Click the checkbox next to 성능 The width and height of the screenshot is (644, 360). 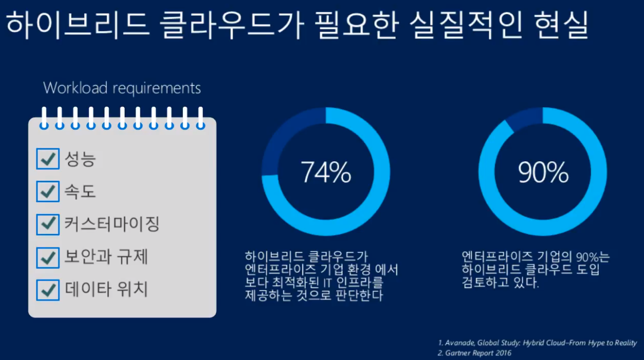pyautogui.click(x=48, y=159)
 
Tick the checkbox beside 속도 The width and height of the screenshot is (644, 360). pyautogui.click(x=48, y=191)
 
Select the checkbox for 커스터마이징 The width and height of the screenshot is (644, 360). pyautogui.click(x=48, y=224)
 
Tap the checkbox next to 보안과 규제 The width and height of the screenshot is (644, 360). pyautogui.click(x=48, y=258)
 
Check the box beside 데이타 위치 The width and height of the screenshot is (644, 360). pyautogui.click(x=48, y=290)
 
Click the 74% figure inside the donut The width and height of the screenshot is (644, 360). pyautogui.click(x=326, y=172)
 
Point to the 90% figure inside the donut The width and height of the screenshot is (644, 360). pyautogui.click(x=543, y=172)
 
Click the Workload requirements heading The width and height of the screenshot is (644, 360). pyautogui.click(x=122, y=88)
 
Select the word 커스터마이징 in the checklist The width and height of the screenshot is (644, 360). pyautogui.click(x=111, y=224)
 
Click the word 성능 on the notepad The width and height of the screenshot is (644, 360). pyautogui.click(x=80, y=159)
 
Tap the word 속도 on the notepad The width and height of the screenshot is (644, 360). pyautogui.click(x=80, y=191)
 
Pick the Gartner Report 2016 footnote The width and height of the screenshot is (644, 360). pyautogui.click(x=474, y=353)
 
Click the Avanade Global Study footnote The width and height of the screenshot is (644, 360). pyautogui.click(x=537, y=343)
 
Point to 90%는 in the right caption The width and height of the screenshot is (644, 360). pyautogui.click(x=592, y=257)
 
